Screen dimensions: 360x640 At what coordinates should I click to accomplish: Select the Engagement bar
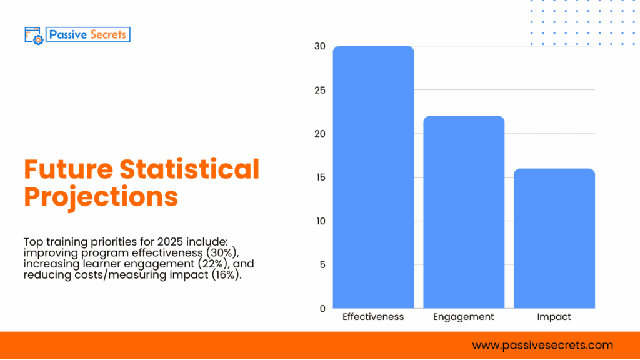point(464,212)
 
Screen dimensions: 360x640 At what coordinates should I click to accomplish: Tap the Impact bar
point(554,238)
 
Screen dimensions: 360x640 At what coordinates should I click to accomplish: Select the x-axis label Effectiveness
point(373,317)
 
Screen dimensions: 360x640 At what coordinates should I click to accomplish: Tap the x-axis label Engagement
point(464,317)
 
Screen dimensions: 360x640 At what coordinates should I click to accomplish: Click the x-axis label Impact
point(554,317)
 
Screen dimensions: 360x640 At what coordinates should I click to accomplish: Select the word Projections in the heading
point(101,197)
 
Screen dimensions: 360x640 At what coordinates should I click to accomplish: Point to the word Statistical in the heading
point(189,169)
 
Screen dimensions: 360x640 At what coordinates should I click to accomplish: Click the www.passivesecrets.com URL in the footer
point(542,345)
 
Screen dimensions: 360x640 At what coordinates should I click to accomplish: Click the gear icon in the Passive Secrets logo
point(38,39)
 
